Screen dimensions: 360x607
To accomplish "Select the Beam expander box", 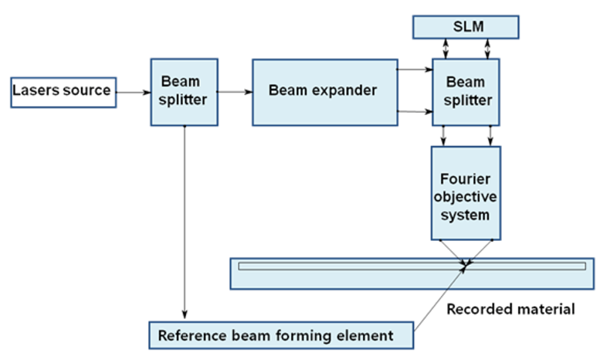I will [322, 90].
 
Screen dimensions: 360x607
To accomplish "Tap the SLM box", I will [465, 27].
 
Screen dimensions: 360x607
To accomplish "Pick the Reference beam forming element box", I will [281, 335].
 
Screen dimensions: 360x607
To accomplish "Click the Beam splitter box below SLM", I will [466, 90].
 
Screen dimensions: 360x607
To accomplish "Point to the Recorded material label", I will [510, 309].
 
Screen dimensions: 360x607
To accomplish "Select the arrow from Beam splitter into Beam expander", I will [236, 92].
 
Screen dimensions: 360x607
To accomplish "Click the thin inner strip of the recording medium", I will [348, 266].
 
